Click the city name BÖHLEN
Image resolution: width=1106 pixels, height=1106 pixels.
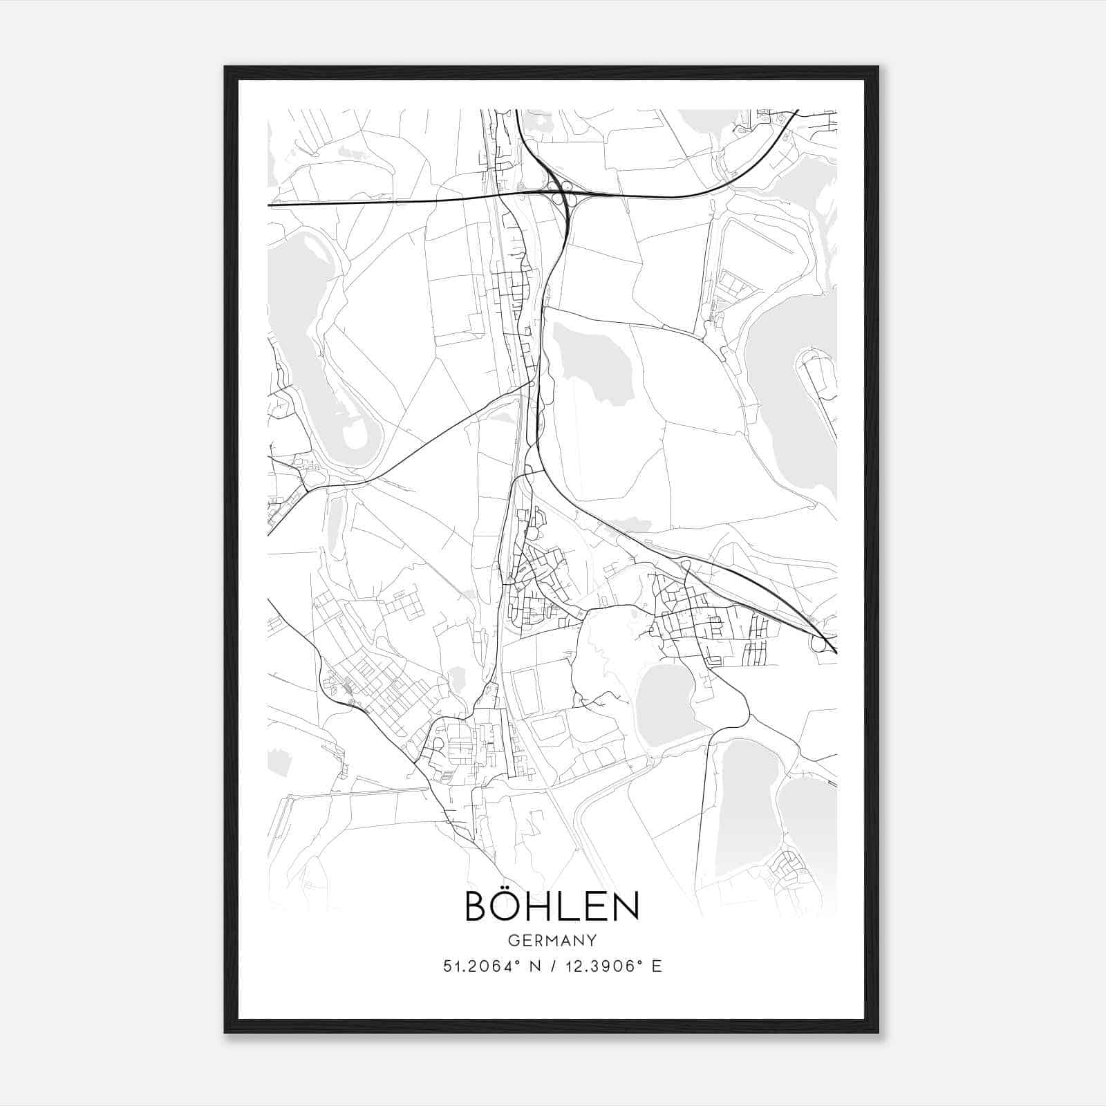(x=552, y=906)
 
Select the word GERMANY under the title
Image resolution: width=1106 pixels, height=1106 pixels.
(x=552, y=941)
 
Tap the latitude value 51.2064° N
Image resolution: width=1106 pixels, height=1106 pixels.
(x=491, y=966)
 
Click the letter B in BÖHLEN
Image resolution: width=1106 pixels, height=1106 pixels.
(x=480, y=907)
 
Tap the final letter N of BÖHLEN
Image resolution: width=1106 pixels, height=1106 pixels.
(x=624, y=907)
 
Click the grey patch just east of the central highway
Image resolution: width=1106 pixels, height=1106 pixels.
(x=592, y=362)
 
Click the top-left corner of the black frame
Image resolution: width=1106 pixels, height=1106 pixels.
(x=225, y=67)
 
